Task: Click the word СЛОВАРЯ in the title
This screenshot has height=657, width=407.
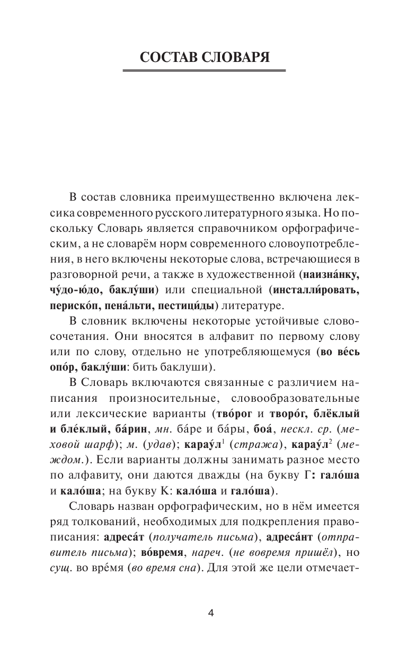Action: point(238,57)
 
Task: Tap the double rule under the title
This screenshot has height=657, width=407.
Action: point(203,70)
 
